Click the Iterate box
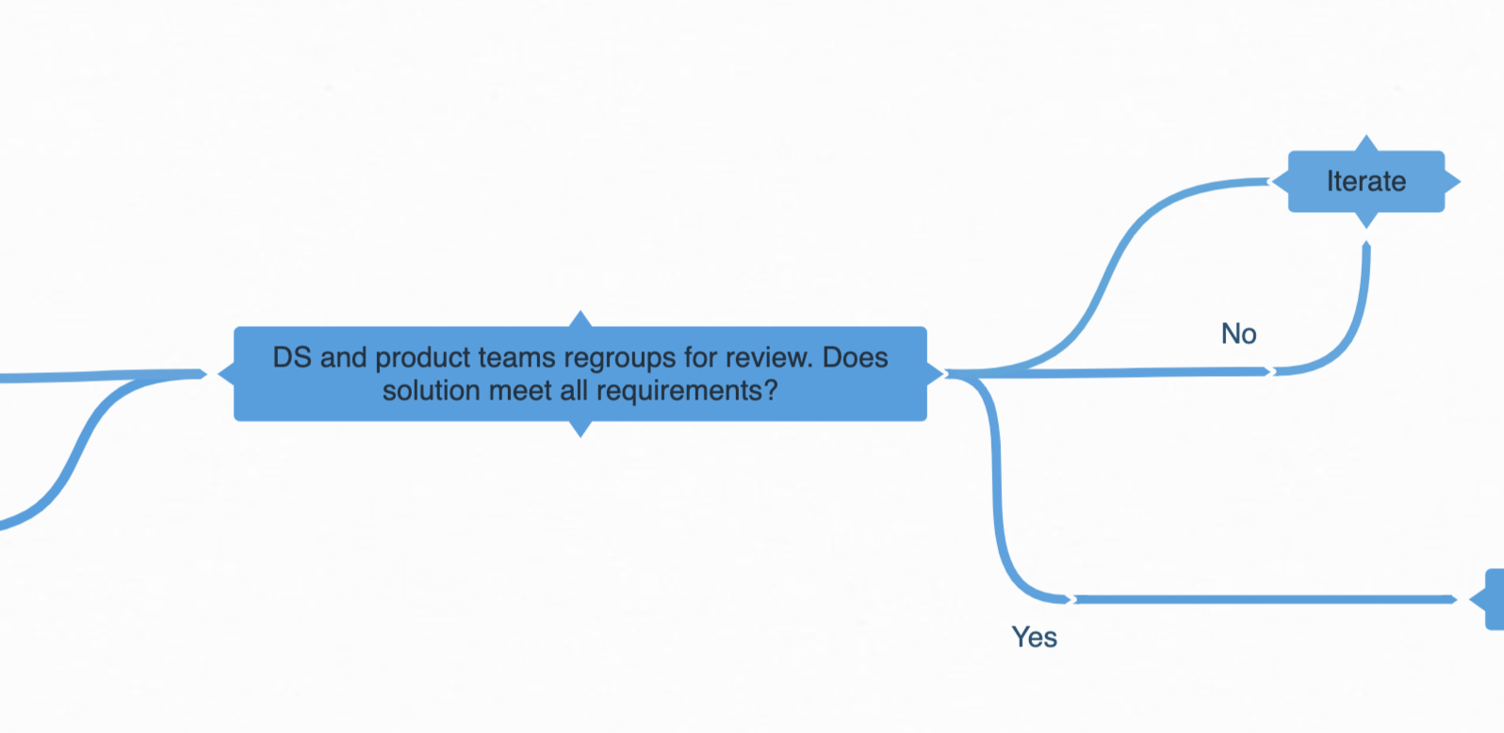pyautogui.click(x=1365, y=181)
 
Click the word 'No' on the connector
pyautogui.click(x=1238, y=334)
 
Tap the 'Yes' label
pyautogui.click(x=1034, y=638)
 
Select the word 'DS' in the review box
pyautogui.click(x=291, y=358)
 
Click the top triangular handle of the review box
pyautogui.click(x=581, y=319)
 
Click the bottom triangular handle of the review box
pyautogui.click(x=581, y=429)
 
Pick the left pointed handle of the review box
pyautogui.click(x=226, y=374)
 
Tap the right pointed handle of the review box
pyautogui.click(x=935, y=374)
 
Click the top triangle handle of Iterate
pyautogui.click(x=1366, y=143)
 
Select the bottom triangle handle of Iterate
pyautogui.click(x=1366, y=220)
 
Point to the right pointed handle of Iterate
pyautogui.click(x=1452, y=181)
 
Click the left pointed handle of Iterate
pyautogui.click(x=1280, y=181)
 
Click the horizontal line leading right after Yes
pyautogui.click(x=1263, y=599)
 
